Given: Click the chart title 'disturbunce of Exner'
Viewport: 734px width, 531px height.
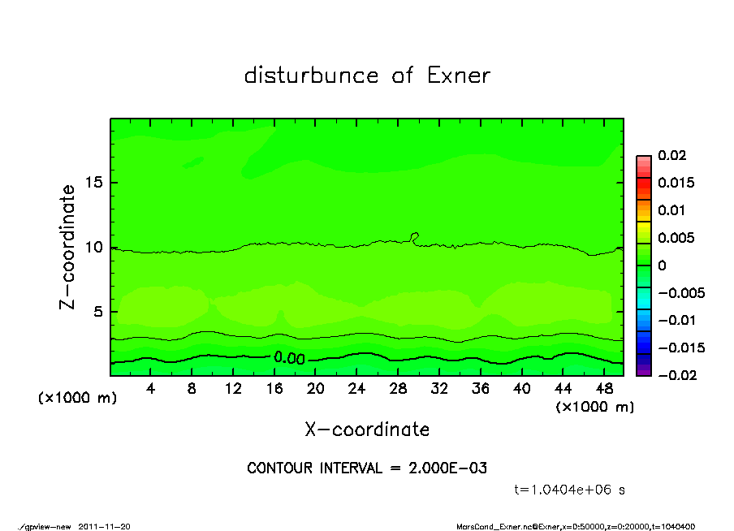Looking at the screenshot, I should (367, 76).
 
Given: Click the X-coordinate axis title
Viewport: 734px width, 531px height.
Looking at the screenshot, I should (367, 430).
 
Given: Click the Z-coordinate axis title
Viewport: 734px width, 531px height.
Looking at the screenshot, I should (69, 247).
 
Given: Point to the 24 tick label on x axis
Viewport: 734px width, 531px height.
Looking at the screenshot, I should (357, 389).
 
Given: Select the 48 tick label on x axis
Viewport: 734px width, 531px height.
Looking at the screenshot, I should (605, 389).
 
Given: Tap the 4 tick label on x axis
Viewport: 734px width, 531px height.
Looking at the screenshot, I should (151, 389).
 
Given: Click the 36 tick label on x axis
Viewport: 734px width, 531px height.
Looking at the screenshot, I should (481, 389).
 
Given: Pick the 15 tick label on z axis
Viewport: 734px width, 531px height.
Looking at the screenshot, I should (95, 183).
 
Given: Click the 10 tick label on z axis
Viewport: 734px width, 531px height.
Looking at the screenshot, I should (95, 247).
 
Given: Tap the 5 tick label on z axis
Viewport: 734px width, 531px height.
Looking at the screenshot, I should (99, 311).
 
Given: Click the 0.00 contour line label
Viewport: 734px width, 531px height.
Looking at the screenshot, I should (289, 358).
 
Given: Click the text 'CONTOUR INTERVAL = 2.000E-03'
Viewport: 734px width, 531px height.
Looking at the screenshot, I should (367, 468).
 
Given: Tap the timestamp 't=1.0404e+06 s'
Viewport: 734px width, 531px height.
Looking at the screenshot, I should (569, 490).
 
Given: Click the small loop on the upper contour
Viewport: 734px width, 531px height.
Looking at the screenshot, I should (415, 237).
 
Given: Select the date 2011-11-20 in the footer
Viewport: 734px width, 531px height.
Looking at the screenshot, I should (104, 526).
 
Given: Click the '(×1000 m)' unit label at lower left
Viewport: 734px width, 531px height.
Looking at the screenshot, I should (77, 399).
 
